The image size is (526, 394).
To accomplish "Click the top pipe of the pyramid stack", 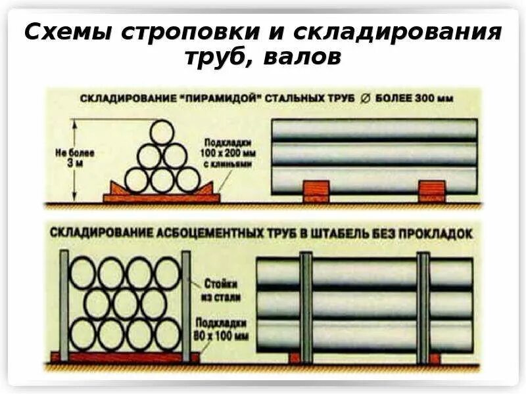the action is coord(162,133).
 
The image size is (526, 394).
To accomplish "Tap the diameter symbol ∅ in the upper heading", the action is coord(365,99).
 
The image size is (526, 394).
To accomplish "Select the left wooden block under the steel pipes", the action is coord(315,190).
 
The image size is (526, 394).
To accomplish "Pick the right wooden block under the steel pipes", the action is coord(431,190).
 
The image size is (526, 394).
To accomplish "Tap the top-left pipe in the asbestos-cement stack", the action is coord(83,273).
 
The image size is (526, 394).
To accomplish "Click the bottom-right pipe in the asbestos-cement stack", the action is coord(167,334).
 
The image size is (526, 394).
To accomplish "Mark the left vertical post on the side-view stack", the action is coord(306,307).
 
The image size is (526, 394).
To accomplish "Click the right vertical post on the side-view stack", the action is coord(423,307).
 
